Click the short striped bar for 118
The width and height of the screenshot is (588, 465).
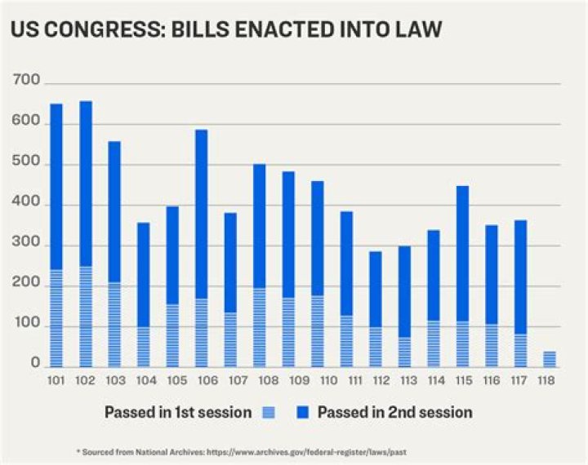tap(550, 359)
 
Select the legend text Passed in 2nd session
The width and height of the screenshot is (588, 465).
tap(394, 413)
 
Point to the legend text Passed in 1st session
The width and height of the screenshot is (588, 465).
tap(177, 413)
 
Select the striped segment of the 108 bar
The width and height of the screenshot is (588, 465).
tap(259, 326)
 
